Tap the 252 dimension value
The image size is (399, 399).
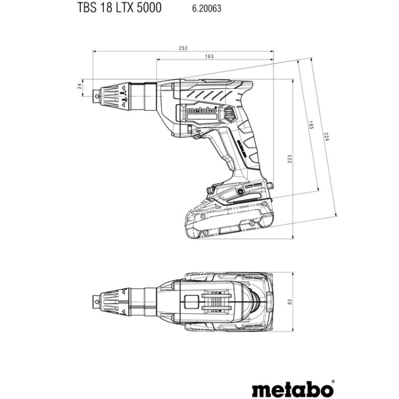coord(183,48)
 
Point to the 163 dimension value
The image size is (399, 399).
coord(209,57)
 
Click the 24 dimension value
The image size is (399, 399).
coord(79,86)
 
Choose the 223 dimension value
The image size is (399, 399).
coord(289,159)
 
